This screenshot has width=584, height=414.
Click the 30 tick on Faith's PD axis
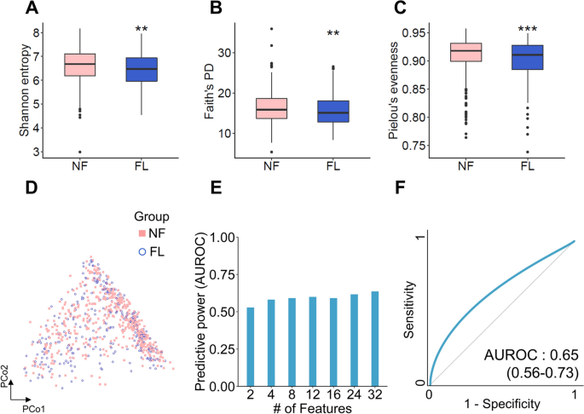click(228, 53)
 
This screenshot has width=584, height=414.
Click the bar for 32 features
click(374, 339)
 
